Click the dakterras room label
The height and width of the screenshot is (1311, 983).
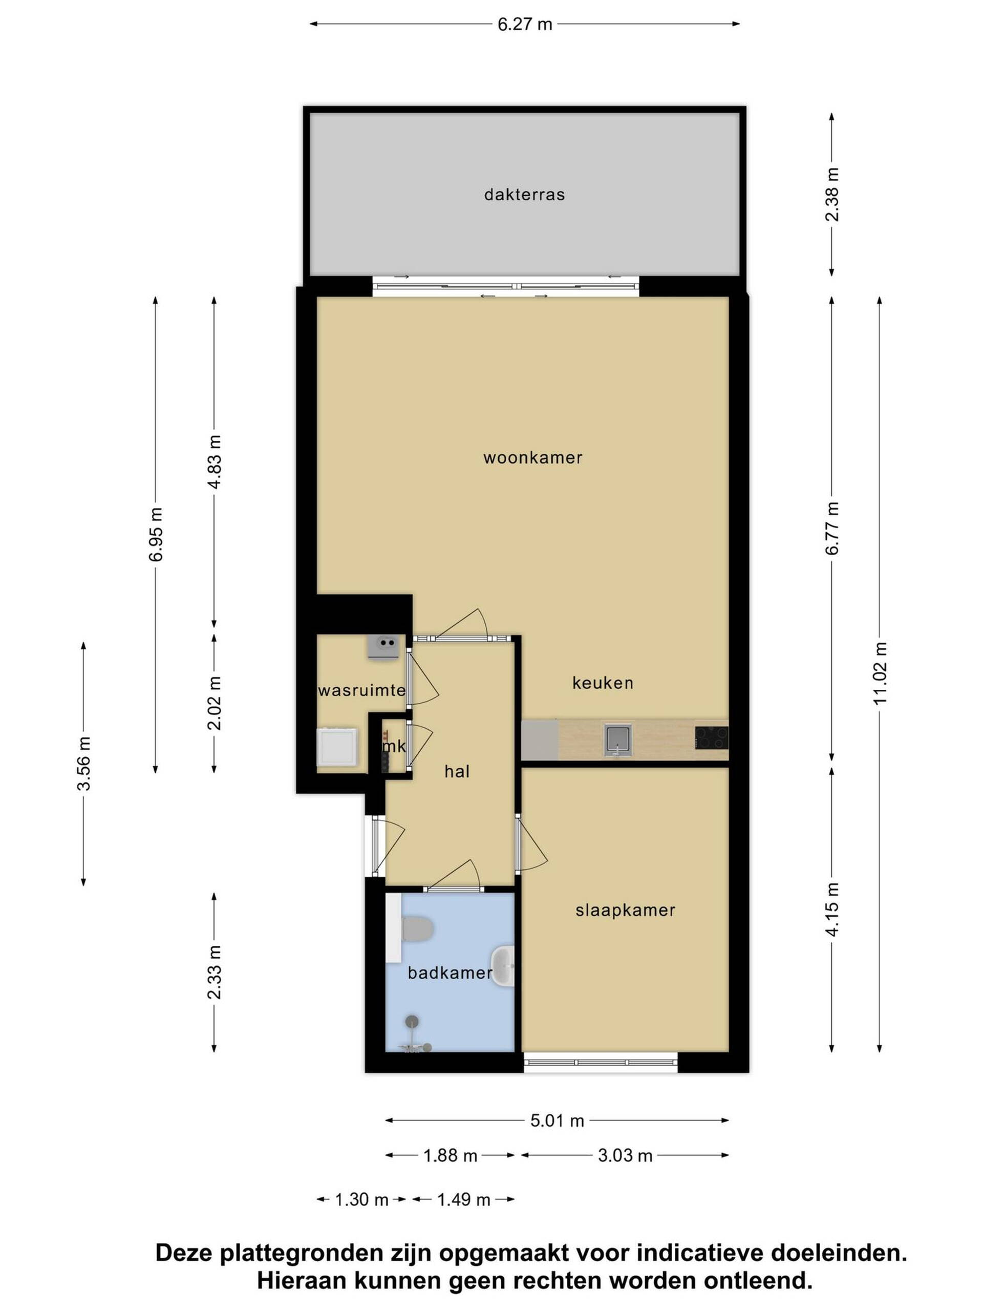(x=524, y=195)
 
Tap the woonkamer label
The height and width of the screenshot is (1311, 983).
(x=532, y=457)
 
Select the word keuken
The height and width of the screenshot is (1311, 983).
(x=603, y=683)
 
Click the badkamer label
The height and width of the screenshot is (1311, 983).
(x=450, y=972)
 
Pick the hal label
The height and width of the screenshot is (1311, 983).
(x=457, y=771)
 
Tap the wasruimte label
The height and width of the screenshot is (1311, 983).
(x=361, y=690)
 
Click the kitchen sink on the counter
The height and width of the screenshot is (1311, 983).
(x=618, y=739)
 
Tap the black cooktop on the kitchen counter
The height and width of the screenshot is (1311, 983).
(x=712, y=738)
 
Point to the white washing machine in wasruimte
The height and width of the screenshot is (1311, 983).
(x=337, y=747)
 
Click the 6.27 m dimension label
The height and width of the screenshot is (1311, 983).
(x=524, y=24)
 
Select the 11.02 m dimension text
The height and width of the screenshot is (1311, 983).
(x=880, y=673)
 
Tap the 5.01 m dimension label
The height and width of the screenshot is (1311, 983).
(x=557, y=1120)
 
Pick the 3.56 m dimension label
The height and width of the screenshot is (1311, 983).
(x=84, y=764)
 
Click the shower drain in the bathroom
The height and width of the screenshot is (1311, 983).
(x=412, y=1021)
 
